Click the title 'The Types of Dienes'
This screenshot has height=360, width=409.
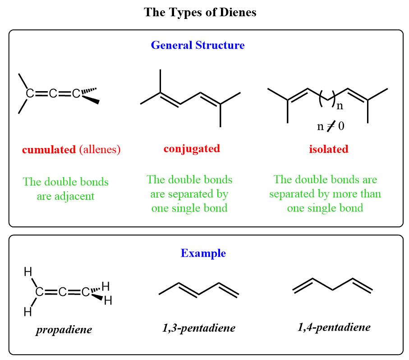tap(200, 12)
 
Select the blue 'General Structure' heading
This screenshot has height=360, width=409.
tap(198, 45)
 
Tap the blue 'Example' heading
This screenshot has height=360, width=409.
tap(203, 253)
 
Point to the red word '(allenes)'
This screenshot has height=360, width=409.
tap(100, 149)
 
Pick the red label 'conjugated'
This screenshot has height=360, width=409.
tap(192, 148)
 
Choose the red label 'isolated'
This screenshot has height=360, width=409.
tap(328, 149)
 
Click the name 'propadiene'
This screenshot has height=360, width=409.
tap(64, 329)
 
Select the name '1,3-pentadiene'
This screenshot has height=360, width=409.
tap(199, 328)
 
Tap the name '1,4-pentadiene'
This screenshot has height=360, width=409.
tap(334, 327)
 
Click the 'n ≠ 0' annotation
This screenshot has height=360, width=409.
tap(331, 126)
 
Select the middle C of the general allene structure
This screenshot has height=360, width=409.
tap(53, 94)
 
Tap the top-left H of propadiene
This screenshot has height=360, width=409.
tap(28, 272)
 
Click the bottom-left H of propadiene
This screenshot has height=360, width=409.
tap(28, 311)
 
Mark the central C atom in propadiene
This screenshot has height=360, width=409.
tap(63, 292)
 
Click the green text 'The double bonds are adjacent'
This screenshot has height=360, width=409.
tap(66, 189)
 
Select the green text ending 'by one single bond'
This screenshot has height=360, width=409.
tap(189, 194)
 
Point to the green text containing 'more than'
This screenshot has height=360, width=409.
tap(325, 194)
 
